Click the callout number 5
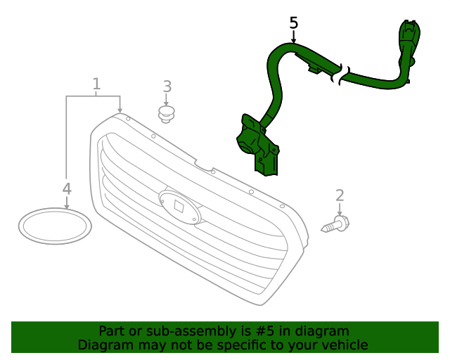click(x=294, y=23)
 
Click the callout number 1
click(x=97, y=84)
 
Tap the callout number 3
click(x=167, y=86)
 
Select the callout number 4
click(x=67, y=189)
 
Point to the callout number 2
click(x=340, y=195)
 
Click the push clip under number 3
click(x=167, y=115)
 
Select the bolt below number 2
click(x=335, y=224)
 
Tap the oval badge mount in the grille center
click(x=179, y=207)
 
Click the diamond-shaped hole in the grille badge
click(x=179, y=206)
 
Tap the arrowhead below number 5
click(x=294, y=41)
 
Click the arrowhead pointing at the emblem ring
click(x=67, y=207)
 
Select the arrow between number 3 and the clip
click(x=166, y=100)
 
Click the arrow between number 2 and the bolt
click(x=340, y=210)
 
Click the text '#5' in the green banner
click(x=265, y=331)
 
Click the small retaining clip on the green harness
click(x=314, y=69)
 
